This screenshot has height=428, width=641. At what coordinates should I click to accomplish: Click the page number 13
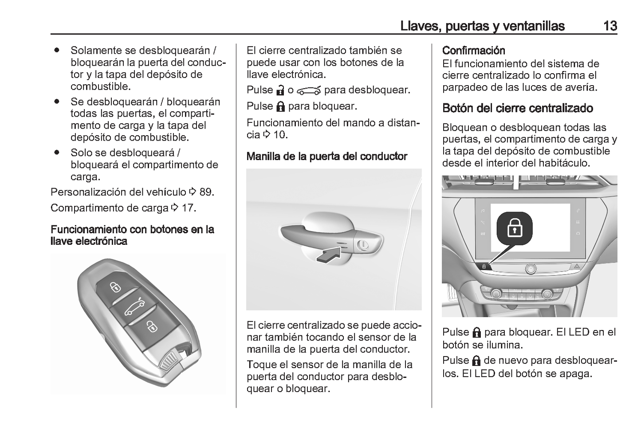[x=610, y=26]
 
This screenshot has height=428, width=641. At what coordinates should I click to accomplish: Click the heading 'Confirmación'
[x=473, y=51]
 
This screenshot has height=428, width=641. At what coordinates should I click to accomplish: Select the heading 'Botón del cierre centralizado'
[x=517, y=108]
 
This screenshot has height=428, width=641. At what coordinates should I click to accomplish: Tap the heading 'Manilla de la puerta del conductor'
[x=326, y=157]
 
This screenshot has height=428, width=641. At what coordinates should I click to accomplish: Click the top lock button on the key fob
[x=115, y=287]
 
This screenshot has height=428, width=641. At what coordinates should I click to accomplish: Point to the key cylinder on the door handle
[x=362, y=244]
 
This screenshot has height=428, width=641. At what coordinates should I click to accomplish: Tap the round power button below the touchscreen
[x=531, y=268]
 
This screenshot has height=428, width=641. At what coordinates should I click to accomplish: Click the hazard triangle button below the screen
[x=578, y=266]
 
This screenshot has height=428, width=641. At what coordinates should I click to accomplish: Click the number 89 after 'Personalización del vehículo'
[x=206, y=192]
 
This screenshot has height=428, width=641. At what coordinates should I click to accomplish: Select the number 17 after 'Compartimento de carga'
[x=188, y=208]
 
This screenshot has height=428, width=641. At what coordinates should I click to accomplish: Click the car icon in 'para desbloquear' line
[x=309, y=90]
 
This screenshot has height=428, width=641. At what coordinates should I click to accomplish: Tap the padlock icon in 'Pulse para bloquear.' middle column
[x=280, y=106]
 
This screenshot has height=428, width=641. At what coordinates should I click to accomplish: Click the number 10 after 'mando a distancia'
[x=279, y=135]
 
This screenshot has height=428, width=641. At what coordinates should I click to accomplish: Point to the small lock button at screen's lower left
[x=484, y=267]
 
